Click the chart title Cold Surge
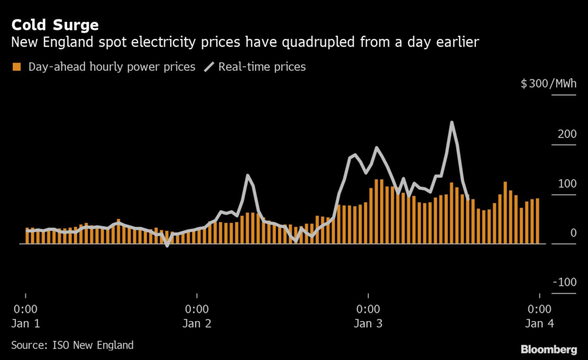point(55,25)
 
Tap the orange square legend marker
point(16,67)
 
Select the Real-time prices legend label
point(261,67)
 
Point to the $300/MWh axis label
point(548,84)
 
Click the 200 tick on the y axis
point(567,134)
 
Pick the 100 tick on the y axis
point(567,184)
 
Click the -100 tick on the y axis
point(565,282)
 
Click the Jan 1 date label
point(26,323)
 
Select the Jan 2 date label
point(197,323)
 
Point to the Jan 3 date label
point(368,323)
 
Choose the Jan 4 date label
point(540,323)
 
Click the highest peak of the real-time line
point(452,122)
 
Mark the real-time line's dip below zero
point(167,246)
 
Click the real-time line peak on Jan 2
point(247,176)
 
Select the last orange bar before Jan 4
point(537,221)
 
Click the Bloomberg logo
point(548,349)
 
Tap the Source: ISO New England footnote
point(72,345)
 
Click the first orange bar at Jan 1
point(27,236)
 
